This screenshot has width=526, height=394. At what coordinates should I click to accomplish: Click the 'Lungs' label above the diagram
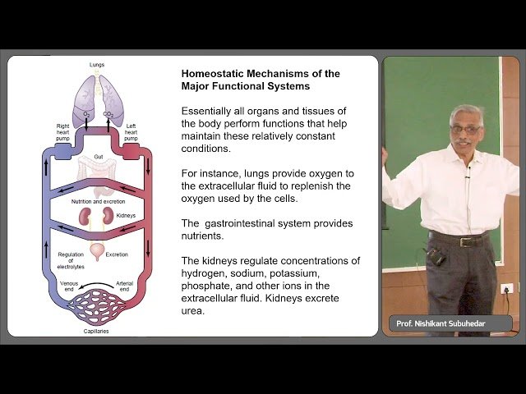[97, 65]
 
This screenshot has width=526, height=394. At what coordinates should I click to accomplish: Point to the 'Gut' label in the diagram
[97, 154]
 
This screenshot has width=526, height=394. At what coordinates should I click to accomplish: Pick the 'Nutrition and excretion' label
[97, 200]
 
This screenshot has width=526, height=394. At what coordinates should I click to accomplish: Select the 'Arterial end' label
[126, 284]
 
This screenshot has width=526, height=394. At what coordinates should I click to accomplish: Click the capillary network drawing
[97, 309]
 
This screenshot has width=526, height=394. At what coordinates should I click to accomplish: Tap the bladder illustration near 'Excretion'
[97, 252]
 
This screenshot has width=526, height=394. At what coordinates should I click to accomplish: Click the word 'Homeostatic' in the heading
[214, 74]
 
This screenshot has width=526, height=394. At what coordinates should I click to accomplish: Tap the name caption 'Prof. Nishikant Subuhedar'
[441, 323]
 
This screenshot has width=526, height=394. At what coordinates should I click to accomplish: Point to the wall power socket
[507, 288]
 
